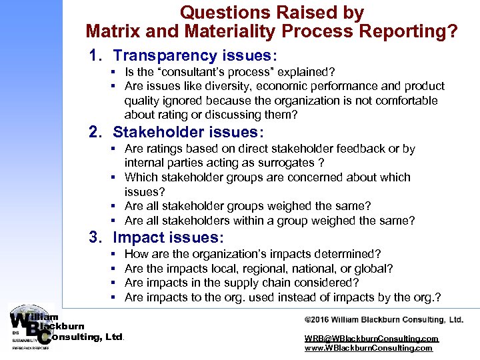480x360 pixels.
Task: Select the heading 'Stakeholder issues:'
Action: [x=189, y=132]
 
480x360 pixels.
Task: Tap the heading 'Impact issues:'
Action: [x=169, y=237]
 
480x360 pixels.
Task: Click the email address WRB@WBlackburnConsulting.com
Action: [x=371, y=339]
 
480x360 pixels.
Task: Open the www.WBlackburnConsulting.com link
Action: [x=369, y=348]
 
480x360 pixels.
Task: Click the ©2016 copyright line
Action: [x=383, y=320]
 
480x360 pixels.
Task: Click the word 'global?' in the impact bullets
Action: [x=375, y=268]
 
